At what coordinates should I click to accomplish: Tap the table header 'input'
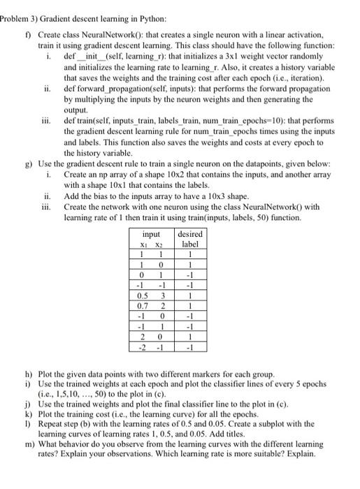pyautogui.click(x=151, y=234)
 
